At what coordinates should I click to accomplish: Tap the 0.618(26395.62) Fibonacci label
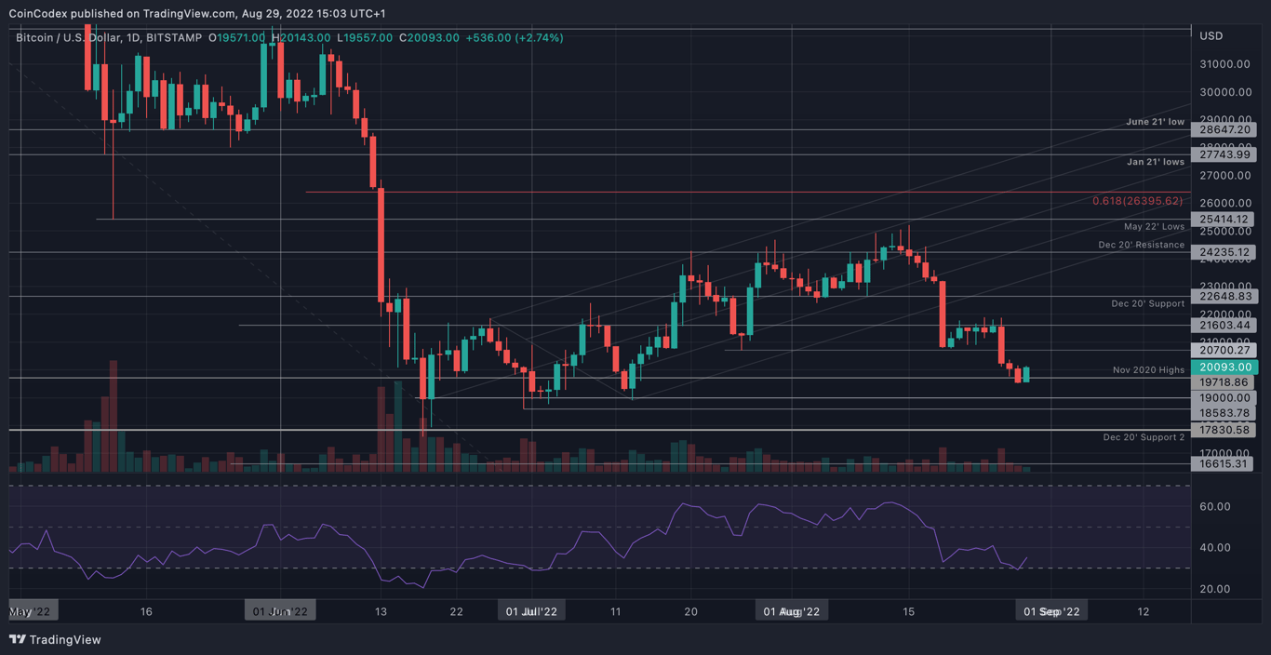pyautogui.click(x=1137, y=201)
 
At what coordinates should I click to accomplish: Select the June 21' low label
pyautogui.click(x=1155, y=122)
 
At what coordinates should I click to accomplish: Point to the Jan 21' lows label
pyautogui.click(x=1154, y=162)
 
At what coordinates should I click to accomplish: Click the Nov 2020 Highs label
pyautogui.click(x=1148, y=370)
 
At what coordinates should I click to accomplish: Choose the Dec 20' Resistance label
pyautogui.click(x=1141, y=245)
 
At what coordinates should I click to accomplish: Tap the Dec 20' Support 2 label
pyautogui.click(x=1144, y=437)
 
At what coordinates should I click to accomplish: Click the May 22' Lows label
pyautogui.click(x=1154, y=226)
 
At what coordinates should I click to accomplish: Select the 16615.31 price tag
pyautogui.click(x=1224, y=463)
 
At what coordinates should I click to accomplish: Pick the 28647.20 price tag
pyautogui.click(x=1224, y=130)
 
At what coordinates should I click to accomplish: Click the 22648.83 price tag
pyautogui.click(x=1224, y=297)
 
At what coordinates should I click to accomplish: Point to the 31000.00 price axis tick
pyautogui.click(x=1224, y=64)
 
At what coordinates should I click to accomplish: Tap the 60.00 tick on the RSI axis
pyautogui.click(x=1215, y=507)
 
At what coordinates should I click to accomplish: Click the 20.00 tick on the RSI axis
pyautogui.click(x=1215, y=589)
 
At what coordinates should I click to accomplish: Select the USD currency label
pyautogui.click(x=1211, y=36)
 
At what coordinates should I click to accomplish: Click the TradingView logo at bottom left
pyautogui.click(x=55, y=640)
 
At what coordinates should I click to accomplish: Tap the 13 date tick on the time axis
pyautogui.click(x=380, y=611)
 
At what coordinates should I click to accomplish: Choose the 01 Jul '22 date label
pyautogui.click(x=531, y=611)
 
